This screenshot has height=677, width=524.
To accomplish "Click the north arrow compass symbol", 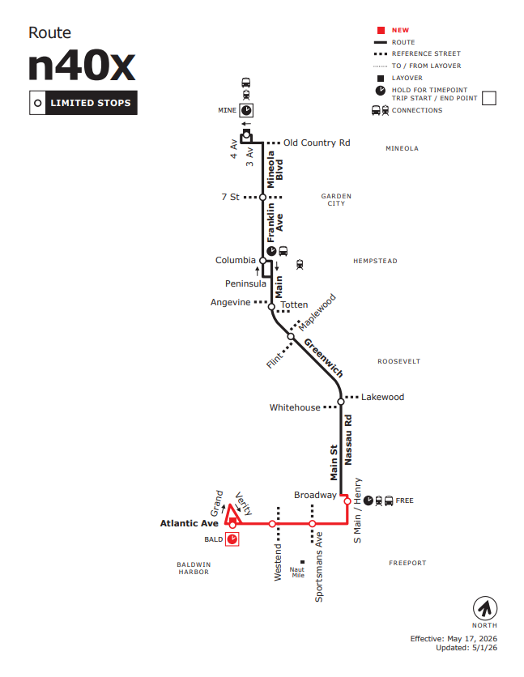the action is pyautogui.click(x=485, y=608).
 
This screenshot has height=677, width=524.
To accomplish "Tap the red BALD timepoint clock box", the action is pyautogui.click(x=232, y=539).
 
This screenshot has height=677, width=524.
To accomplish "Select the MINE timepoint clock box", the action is pyautogui.click(x=246, y=110).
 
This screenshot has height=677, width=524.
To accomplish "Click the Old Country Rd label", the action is pyautogui.click(x=317, y=143).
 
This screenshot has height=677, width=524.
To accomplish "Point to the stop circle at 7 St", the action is pyautogui.click(x=262, y=198).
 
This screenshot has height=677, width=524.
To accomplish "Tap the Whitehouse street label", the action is pyautogui.click(x=295, y=407).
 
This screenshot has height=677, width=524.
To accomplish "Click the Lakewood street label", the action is pyautogui.click(x=382, y=397).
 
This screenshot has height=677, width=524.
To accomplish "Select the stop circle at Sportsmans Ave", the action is pyautogui.click(x=312, y=524).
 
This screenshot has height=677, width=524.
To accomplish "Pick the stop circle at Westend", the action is pyautogui.click(x=272, y=524).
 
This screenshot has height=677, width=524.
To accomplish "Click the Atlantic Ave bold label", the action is pyautogui.click(x=189, y=523).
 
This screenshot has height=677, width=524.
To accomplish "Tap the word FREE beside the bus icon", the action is pyautogui.click(x=404, y=500).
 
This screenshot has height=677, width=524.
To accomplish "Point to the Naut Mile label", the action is pyautogui.click(x=297, y=572).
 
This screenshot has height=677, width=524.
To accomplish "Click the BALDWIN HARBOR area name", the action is pyautogui.click(x=194, y=568).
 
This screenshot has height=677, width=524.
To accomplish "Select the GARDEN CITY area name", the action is pyautogui.click(x=336, y=199).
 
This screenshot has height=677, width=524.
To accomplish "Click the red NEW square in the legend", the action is pyautogui.click(x=381, y=30).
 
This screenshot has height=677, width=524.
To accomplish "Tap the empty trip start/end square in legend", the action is pyautogui.click(x=489, y=98).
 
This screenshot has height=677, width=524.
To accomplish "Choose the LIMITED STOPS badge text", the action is pyautogui.click(x=91, y=103).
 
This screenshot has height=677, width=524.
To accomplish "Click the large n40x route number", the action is pyautogui.click(x=82, y=66).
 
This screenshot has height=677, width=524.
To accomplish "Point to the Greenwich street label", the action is pyautogui.click(x=324, y=358).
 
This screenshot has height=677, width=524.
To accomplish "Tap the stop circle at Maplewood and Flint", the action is pyautogui.click(x=291, y=336).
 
